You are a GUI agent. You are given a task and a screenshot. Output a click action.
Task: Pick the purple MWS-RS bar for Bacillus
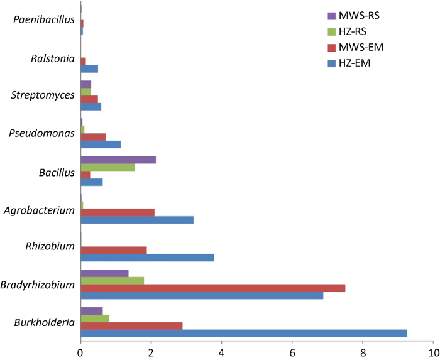click(118, 160)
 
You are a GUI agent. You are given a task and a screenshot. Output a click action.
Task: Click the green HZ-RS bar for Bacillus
click(107, 167)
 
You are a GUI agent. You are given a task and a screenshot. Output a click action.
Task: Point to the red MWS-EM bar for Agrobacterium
click(118, 212)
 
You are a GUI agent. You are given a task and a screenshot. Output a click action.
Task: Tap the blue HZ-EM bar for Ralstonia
click(89, 68)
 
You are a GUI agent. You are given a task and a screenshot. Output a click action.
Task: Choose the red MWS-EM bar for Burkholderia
click(131, 326)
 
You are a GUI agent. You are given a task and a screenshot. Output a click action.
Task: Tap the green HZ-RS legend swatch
click(333, 31)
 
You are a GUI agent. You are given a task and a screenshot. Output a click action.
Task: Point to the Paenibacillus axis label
click(47, 20)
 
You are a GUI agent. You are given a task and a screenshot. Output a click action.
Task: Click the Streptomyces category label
click(43, 95)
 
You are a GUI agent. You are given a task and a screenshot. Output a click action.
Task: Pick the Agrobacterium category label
click(39, 210)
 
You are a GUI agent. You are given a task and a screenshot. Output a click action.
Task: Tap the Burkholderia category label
click(43, 323)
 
